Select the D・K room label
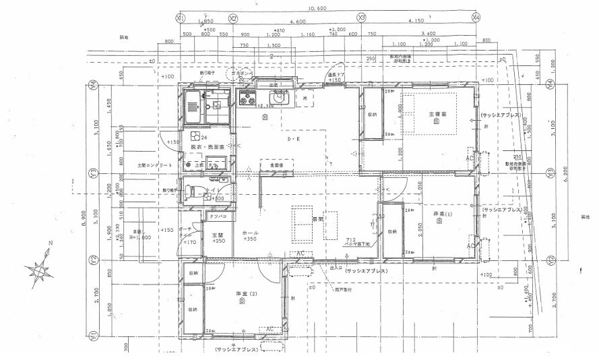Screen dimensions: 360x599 [294, 140]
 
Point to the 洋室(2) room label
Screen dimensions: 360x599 [245, 295]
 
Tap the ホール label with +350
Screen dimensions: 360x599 [250, 235]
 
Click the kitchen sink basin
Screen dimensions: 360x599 [283, 100]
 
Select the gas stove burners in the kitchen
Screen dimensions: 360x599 [247, 101]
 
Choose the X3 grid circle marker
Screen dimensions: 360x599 [361, 17]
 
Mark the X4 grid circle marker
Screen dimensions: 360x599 [476, 17]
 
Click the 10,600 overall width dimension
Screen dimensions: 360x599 [326, 9]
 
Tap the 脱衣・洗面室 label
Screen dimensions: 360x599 [203, 146]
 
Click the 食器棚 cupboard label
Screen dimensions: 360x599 [277, 164]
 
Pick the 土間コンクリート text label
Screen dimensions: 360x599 [136, 164]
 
